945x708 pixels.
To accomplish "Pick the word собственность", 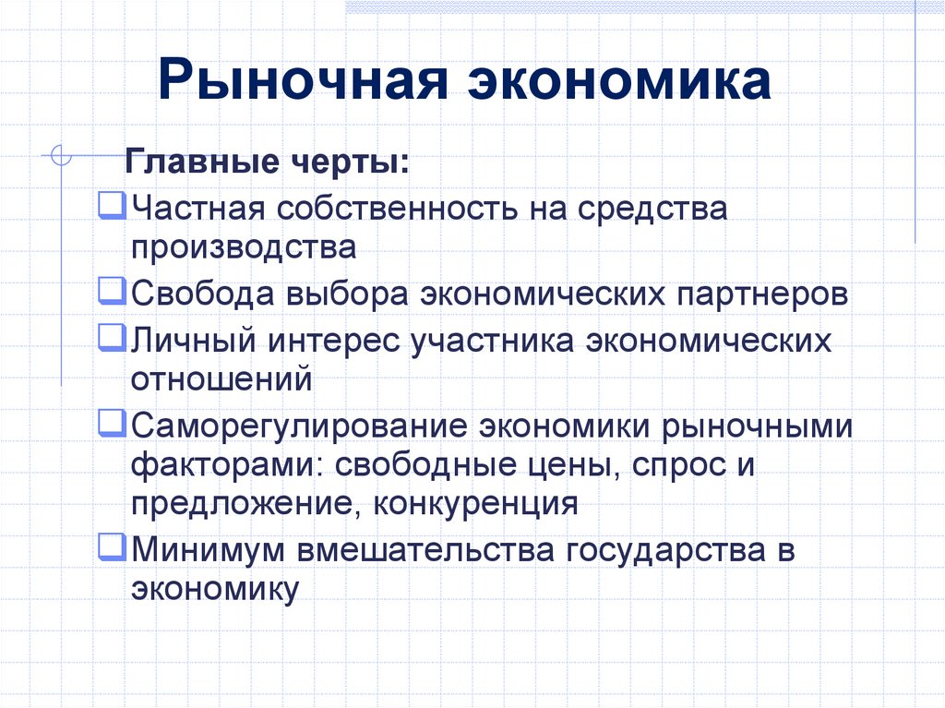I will tap(397, 208).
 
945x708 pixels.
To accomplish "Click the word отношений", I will tap(221, 378).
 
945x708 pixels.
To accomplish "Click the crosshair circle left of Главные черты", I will tap(60, 156).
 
